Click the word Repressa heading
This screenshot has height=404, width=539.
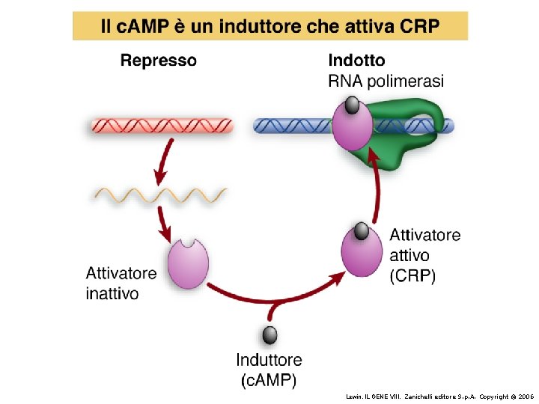(159, 61)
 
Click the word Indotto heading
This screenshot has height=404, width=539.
(357, 61)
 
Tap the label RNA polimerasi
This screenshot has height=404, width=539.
(386, 81)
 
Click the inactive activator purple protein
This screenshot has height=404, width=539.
(187, 264)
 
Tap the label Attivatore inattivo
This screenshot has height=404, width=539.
(121, 284)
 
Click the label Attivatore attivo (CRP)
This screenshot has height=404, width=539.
(425, 255)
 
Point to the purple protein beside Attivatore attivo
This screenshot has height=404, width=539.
(362, 252)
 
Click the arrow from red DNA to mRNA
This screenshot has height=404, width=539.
(166, 161)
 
